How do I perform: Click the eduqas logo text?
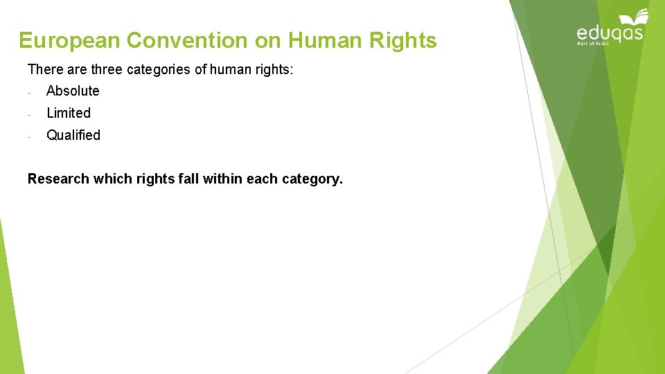(610, 33)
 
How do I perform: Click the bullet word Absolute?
(73, 91)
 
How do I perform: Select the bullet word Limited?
(69, 113)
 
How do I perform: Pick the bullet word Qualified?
(73, 135)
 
